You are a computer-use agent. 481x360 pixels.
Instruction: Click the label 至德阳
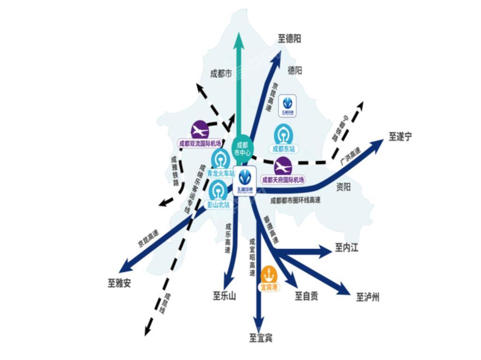coord(289,38)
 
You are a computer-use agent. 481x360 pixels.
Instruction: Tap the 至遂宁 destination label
coord(400,136)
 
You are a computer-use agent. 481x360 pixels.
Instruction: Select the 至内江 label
coord(346,247)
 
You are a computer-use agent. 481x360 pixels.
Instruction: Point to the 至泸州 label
coord(368,297)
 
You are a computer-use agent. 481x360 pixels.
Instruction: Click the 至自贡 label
coord(307,296)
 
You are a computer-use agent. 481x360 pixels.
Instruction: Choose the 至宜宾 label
coord(261,337)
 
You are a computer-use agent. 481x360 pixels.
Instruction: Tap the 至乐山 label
coord(225,296)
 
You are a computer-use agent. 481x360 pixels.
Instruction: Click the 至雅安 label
coord(120,283)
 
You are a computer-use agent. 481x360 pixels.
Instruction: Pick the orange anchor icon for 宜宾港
coord(269,274)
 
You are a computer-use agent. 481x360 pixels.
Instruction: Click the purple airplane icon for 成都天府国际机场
coord(283,166)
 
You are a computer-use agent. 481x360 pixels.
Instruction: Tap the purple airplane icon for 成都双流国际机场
coord(200,129)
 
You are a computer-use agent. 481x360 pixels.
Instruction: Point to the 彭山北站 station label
coord(218,204)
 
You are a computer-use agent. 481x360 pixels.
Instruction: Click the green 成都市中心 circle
coord(242,149)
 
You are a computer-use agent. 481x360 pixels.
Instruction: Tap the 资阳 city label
coord(344,187)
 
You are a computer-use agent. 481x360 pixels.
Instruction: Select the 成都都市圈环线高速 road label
coord(295,200)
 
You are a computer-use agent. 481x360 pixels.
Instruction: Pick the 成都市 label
coord(221,74)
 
